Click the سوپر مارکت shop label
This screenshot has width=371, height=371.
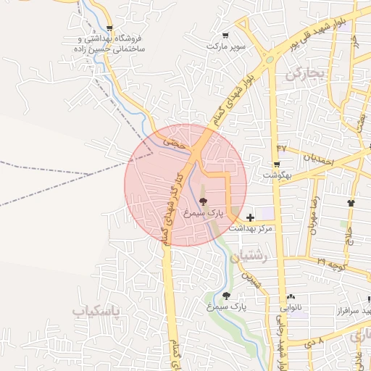[227, 46]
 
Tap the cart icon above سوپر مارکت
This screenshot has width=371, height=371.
[226, 35]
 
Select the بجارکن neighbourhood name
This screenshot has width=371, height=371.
[307, 72]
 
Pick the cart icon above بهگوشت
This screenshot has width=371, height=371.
[276, 165]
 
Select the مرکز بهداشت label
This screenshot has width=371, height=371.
[250, 228]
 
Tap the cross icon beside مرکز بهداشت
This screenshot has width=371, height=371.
[250, 217]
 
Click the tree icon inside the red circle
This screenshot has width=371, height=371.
[202, 202]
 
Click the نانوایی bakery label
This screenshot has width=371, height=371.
[291, 307]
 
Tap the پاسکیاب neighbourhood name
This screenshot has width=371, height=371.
[95, 311]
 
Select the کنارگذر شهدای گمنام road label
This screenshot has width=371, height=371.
[172, 207]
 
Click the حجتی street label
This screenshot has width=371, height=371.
[175, 143]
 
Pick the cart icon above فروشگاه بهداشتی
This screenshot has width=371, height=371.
[109, 28]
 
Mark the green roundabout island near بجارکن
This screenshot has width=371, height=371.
[271, 59]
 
